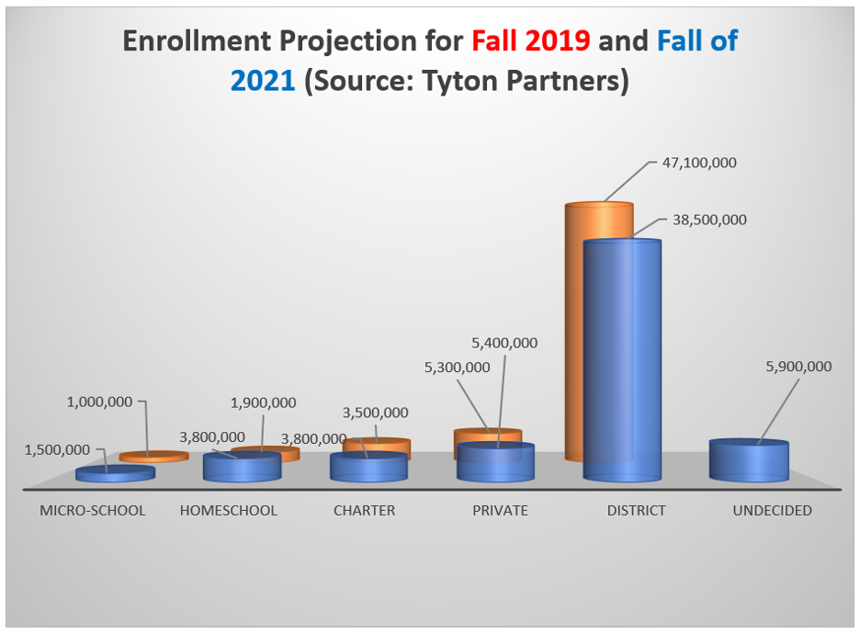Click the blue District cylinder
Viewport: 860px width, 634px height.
click(x=622, y=360)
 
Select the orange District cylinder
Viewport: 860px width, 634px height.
click(x=599, y=332)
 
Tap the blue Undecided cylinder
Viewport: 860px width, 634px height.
click(x=749, y=460)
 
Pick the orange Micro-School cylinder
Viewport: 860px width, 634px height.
click(x=154, y=457)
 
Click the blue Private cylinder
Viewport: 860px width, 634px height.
click(x=495, y=462)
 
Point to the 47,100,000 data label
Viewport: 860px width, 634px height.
click(x=699, y=163)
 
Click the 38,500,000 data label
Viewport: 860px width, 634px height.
click(x=709, y=220)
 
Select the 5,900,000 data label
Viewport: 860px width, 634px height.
click(x=798, y=367)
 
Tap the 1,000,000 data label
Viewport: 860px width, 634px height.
click(x=99, y=402)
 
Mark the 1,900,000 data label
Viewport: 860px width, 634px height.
click(x=264, y=402)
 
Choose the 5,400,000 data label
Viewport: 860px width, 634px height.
click(x=504, y=343)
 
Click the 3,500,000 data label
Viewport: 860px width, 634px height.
click(x=376, y=413)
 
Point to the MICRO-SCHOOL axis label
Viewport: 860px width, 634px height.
click(x=93, y=511)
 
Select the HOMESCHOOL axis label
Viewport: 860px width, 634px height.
click(x=229, y=511)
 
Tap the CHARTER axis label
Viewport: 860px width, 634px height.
click(x=364, y=511)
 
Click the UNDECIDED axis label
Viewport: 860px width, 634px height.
click(x=772, y=511)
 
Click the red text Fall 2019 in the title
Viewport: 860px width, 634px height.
click(x=531, y=40)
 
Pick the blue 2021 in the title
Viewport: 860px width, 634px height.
click(x=263, y=81)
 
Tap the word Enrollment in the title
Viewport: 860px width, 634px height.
click(x=197, y=40)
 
